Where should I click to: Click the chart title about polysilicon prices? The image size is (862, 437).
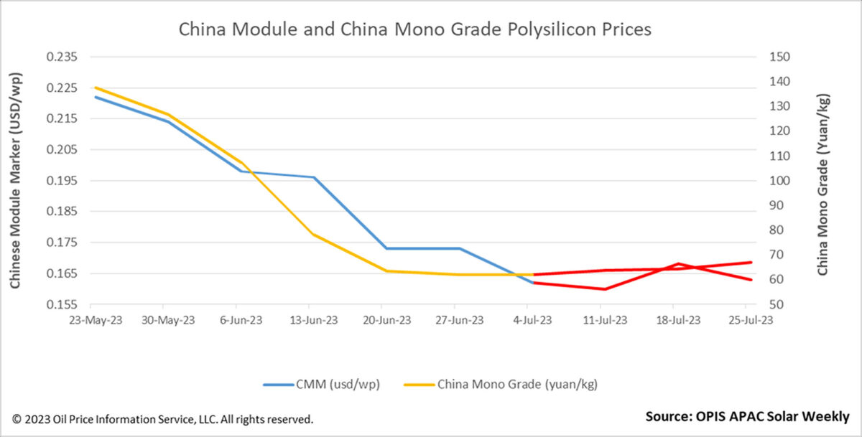tap(414, 29)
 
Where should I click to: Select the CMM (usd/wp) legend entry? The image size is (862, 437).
tap(321, 385)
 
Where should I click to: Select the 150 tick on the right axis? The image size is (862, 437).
tap(779, 57)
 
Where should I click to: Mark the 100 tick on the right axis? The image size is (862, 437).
tap(779, 181)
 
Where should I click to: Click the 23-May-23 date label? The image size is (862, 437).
tap(96, 321)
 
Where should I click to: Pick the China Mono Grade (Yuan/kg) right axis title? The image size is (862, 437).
tap(822, 184)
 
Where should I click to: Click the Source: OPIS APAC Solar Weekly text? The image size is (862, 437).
tap(747, 417)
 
